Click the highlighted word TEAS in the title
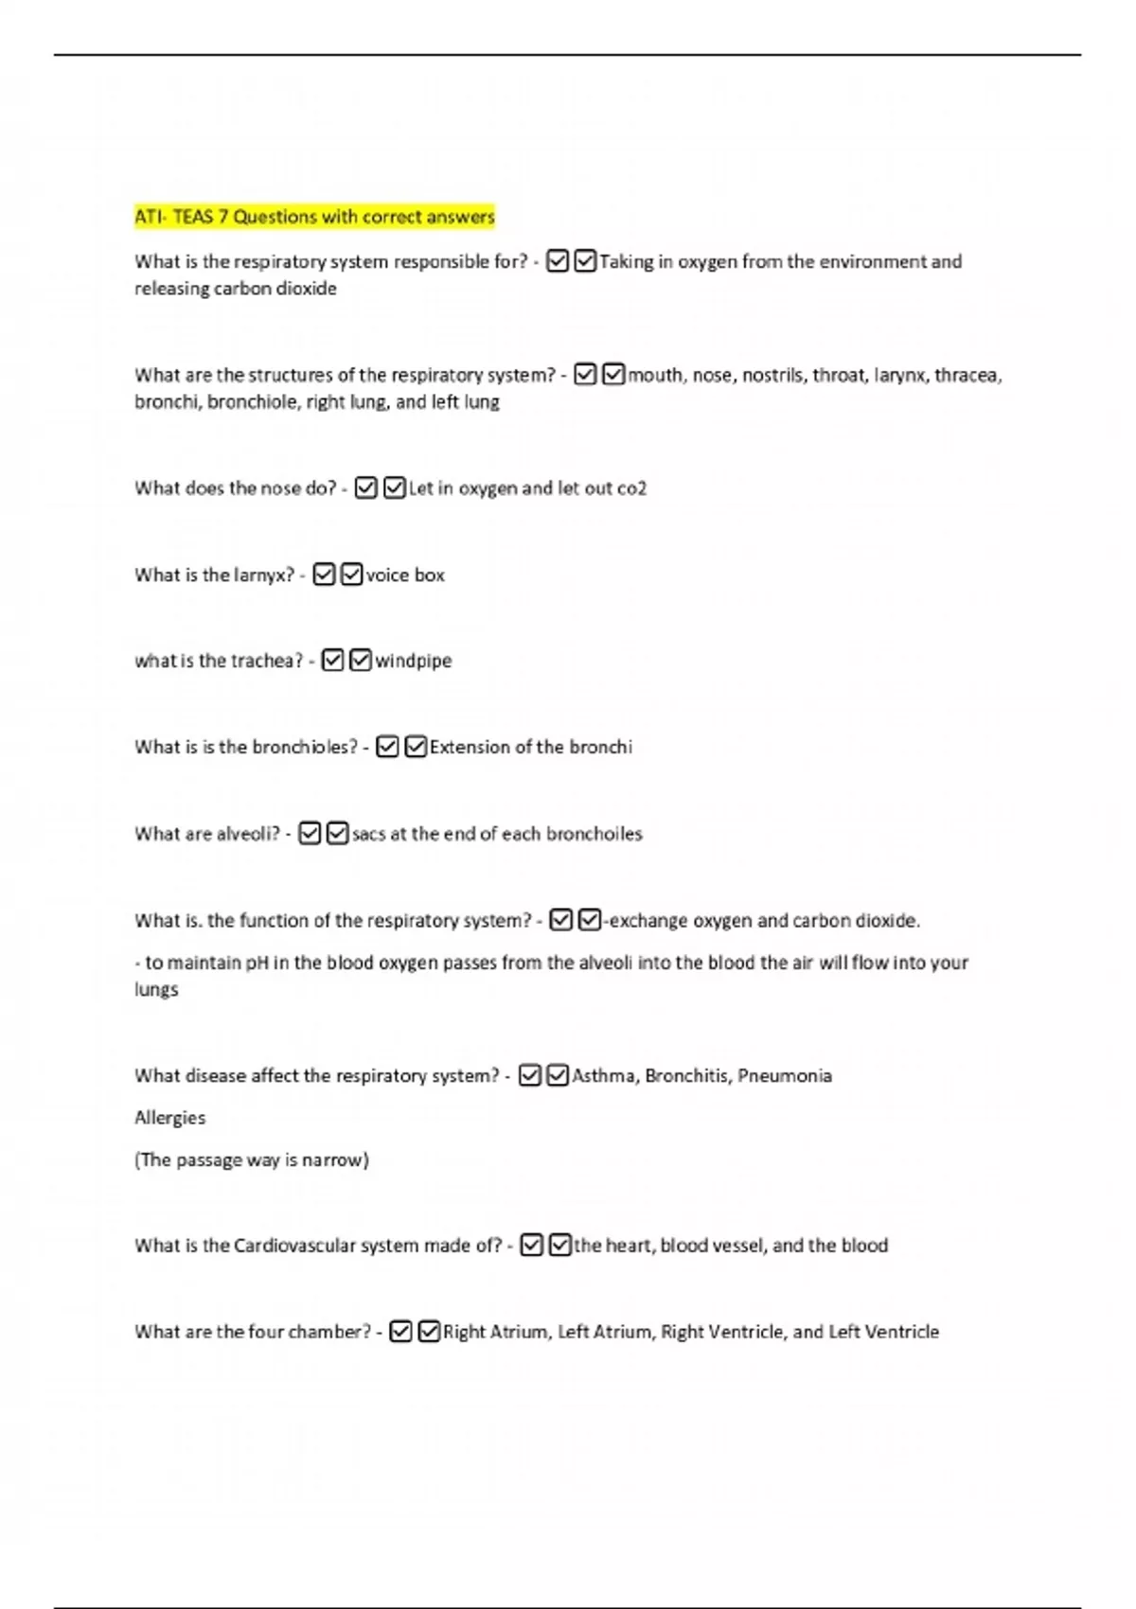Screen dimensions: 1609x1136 pos(193,217)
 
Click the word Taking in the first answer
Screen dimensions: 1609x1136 pos(626,261)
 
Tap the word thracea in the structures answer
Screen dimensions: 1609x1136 pos(967,375)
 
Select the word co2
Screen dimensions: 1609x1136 pos(631,488)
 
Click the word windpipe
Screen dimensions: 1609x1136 pos(414,661)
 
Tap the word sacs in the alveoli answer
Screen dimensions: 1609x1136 pos(368,834)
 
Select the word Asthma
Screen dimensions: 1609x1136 pos(604,1075)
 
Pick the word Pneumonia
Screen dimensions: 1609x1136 pos(785,1075)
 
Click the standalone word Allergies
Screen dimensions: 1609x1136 pos(169,1118)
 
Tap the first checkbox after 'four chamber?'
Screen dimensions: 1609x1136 pos(401,1332)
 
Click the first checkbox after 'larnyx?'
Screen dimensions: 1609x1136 pos(324,575)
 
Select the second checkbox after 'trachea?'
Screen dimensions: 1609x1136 pos(361,661)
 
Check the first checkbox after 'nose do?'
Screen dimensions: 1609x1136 pos(366,488)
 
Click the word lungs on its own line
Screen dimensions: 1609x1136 pos(156,989)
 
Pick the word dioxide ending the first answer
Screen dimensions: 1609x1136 pos(306,288)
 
